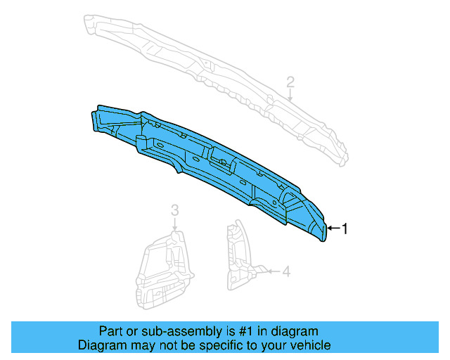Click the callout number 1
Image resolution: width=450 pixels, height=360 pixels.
(345, 228)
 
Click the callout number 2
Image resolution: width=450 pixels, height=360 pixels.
(290, 84)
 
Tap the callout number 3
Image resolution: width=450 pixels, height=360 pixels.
(175, 210)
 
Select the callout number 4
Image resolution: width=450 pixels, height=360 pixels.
(286, 271)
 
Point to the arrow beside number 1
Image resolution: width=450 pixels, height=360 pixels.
(334, 228)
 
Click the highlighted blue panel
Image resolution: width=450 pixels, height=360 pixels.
(211, 165)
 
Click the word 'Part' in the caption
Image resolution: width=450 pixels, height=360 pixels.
(110, 331)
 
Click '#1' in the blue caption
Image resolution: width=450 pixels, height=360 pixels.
(233, 331)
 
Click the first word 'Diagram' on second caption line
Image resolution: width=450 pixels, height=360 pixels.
(100, 345)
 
